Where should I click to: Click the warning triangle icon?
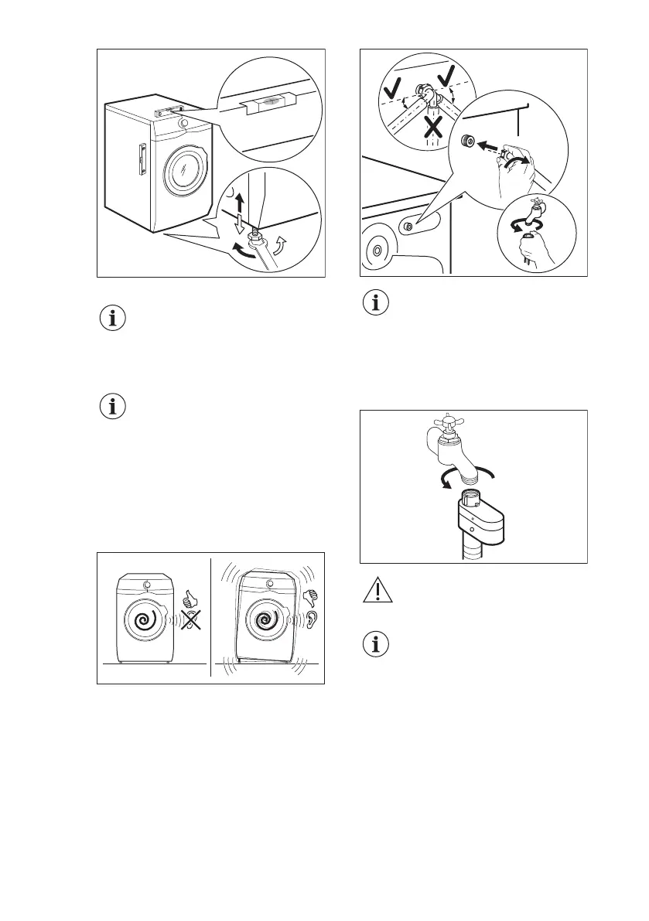click(x=377, y=592)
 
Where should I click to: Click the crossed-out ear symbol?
click(x=186, y=621)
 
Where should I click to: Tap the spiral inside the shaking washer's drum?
click(x=267, y=620)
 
